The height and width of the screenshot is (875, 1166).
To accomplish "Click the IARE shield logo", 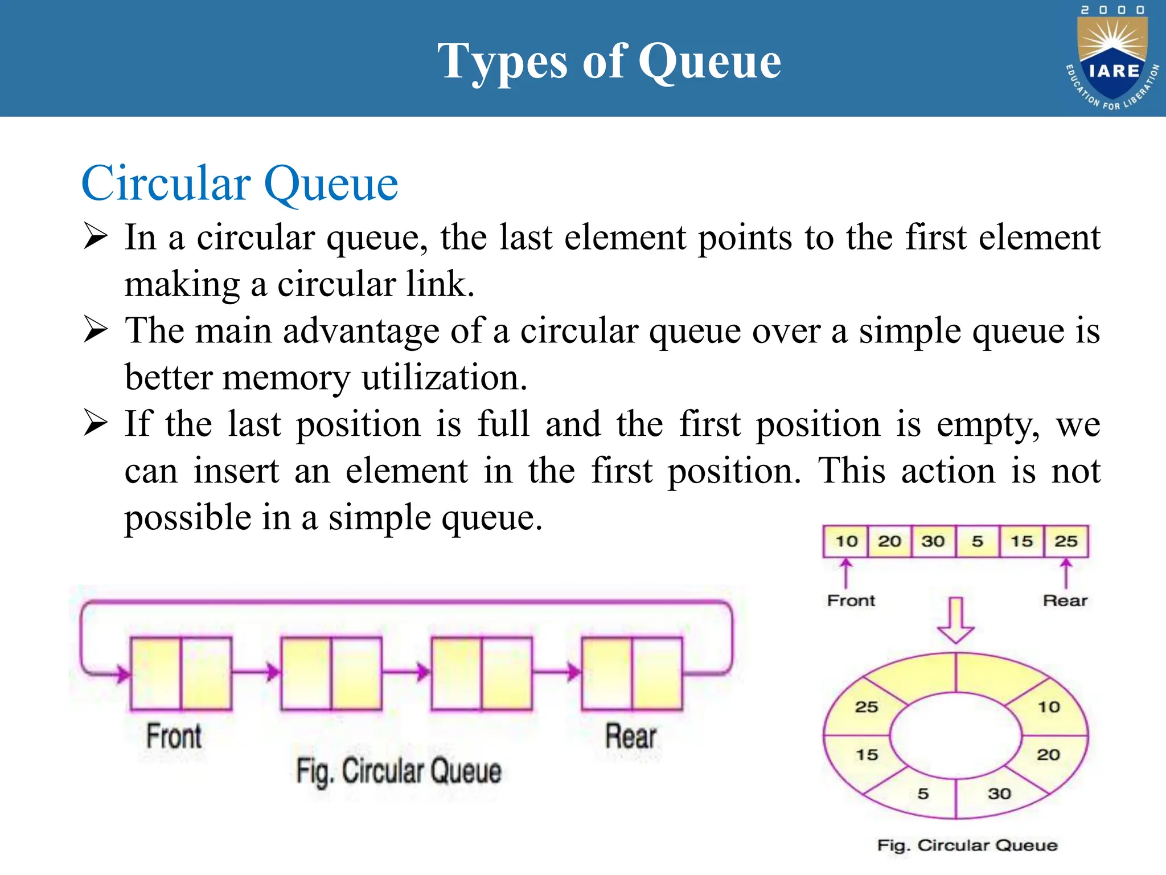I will click(x=1113, y=60).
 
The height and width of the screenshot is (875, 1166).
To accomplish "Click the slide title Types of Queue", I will click(x=609, y=61).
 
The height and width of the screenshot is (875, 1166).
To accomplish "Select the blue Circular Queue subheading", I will click(x=239, y=183).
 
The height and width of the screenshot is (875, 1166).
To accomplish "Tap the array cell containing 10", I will click(x=846, y=541).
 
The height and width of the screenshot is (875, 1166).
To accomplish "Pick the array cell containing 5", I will click(x=978, y=541).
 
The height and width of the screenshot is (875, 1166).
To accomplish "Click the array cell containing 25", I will click(x=1066, y=541).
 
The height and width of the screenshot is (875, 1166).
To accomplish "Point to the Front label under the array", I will click(x=851, y=600).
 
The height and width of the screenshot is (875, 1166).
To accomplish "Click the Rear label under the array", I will click(x=1065, y=600).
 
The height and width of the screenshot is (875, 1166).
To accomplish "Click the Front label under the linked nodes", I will click(x=174, y=736).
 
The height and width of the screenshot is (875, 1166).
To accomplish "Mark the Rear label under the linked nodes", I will click(x=630, y=736).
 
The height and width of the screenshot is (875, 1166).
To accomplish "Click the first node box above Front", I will click(x=181, y=673).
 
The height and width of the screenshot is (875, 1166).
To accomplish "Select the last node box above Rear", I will click(x=632, y=673).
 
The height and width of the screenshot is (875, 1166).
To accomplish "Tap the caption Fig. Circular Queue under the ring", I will click(x=967, y=845).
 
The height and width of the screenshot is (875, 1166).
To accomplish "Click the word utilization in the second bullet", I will click(x=445, y=378).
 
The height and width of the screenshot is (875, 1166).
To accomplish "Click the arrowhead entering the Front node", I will click(x=122, y=674).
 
